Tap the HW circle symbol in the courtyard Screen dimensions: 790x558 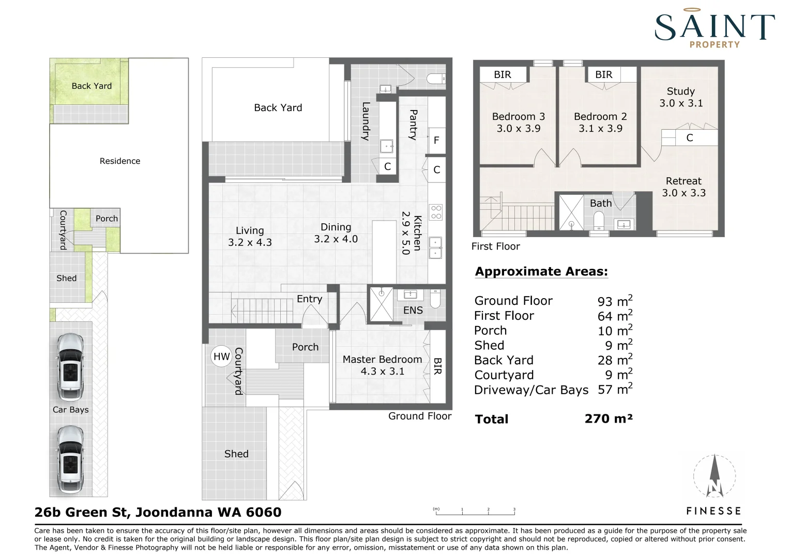coord(221,357)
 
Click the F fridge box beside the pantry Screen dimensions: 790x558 coord(436,141)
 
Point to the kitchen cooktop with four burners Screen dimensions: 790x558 coord(436,212)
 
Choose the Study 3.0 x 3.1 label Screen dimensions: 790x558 coord(681,97)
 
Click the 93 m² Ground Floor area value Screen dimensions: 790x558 coord(615,301)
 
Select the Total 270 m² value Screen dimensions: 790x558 coord(609,419)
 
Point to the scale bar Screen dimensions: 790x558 coord(475,512)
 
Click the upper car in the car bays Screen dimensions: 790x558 coord(71,367)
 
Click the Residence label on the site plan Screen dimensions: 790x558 coord(120,161)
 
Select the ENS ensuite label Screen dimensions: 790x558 coord(413,310)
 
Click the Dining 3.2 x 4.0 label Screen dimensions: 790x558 coord(336,233)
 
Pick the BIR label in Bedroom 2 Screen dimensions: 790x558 coord(604,75)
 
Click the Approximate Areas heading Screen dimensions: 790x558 coord(541,271)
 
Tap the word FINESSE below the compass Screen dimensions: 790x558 coord(713,511)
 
